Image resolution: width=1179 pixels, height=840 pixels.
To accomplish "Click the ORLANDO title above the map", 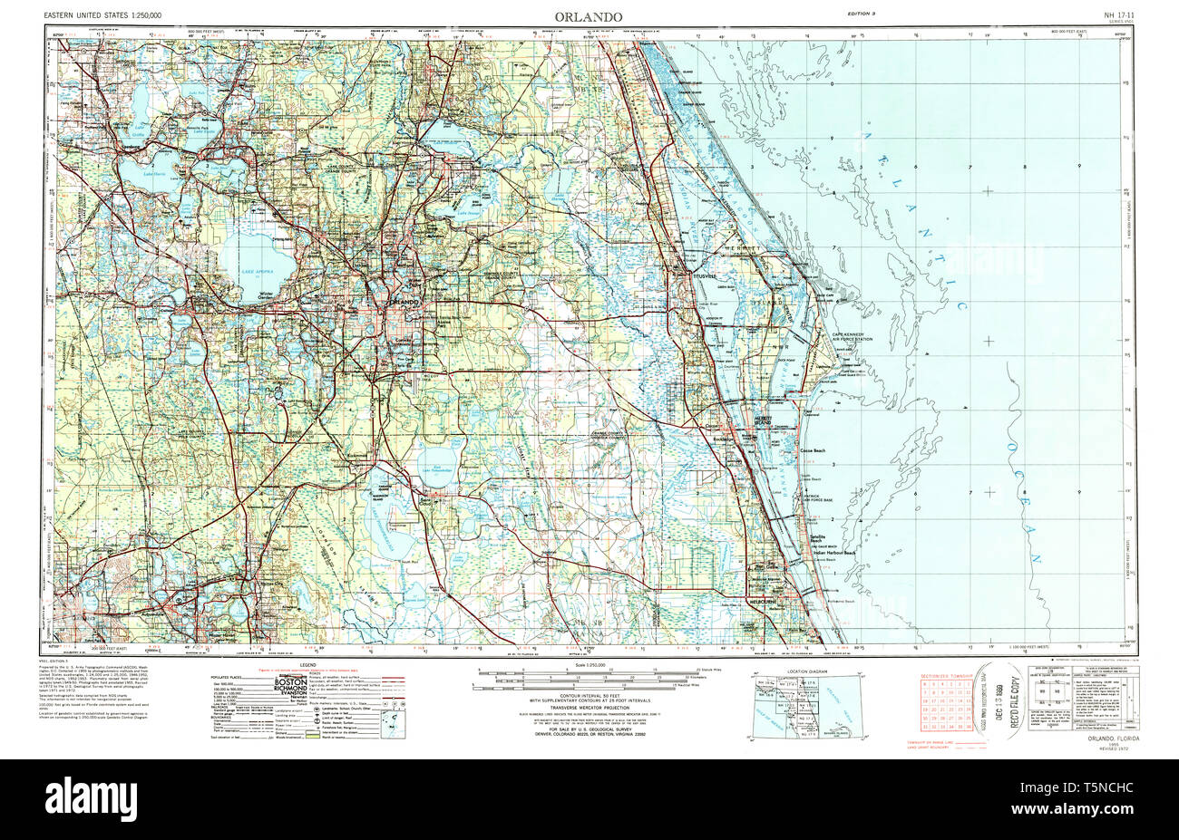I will click(x=589, y=16).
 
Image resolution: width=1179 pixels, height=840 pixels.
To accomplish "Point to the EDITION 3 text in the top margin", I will click(x=860, y=14).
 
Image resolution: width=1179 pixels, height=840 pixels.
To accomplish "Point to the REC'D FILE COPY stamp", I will click(x=1008, y=702).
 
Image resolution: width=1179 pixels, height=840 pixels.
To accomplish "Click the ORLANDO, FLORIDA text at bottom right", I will click(x=1111, y=739).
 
